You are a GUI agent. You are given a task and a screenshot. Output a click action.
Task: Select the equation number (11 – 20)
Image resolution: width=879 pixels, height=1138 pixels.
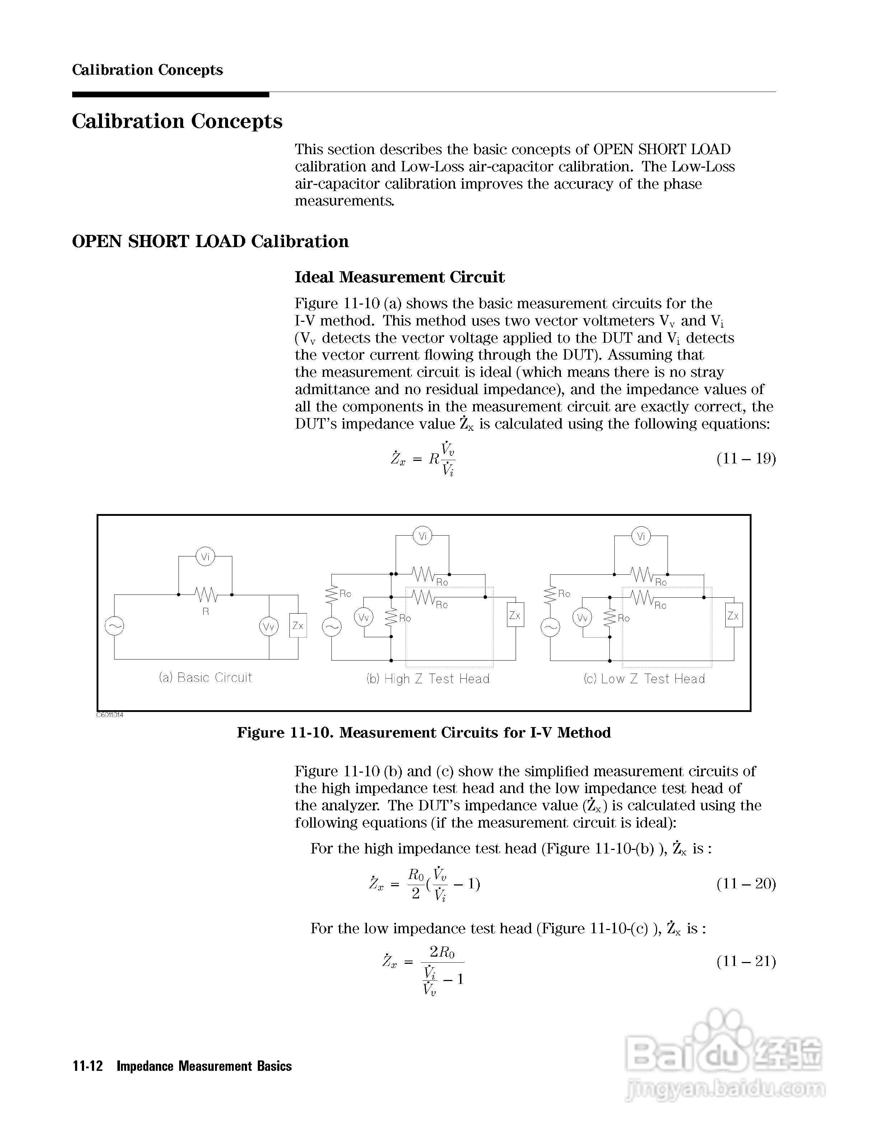(746, 884)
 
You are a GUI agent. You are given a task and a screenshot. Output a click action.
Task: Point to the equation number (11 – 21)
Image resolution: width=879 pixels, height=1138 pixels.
(746, 961)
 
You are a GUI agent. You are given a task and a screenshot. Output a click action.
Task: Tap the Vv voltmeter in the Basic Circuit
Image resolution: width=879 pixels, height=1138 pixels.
(269, 626)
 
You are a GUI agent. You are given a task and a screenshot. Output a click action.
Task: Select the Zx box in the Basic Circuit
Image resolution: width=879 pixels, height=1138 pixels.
(298, 625)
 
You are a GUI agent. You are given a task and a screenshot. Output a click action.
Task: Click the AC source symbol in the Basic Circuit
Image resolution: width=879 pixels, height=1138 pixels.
(115, 626)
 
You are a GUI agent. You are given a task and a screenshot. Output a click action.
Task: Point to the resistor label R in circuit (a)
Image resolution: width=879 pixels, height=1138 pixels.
(206, 612)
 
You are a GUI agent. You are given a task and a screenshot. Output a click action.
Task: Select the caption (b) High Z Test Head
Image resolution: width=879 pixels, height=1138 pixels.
(428, 679)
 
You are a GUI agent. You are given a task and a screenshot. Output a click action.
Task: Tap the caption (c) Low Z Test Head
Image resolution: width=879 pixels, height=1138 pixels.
(644, 679)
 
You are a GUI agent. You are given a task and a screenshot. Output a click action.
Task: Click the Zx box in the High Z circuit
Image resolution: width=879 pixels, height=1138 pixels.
(515, 615)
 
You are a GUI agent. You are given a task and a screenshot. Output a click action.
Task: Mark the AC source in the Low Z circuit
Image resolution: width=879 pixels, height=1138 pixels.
(550, 627)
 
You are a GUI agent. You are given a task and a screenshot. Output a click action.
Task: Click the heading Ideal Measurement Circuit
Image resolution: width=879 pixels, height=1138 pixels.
(399, 277)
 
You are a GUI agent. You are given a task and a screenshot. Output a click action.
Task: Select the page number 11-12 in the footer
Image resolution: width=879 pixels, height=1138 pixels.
(88, 1066)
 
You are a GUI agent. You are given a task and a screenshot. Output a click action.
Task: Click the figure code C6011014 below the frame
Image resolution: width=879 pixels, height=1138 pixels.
(110, 715)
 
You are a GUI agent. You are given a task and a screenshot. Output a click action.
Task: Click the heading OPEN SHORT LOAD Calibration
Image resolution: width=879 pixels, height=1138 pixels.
(210, 242)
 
